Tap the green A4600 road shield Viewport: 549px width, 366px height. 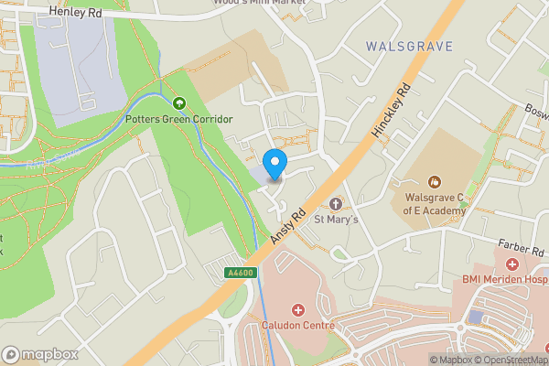(x=239, y=273)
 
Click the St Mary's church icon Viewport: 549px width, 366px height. (x=336, y=203)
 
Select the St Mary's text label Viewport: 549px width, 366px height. (x=337, y=220)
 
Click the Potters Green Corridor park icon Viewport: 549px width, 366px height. (x=179, y=103)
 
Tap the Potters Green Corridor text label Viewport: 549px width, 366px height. (x=179, y=120)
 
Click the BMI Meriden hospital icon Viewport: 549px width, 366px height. (x=511, y=264)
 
